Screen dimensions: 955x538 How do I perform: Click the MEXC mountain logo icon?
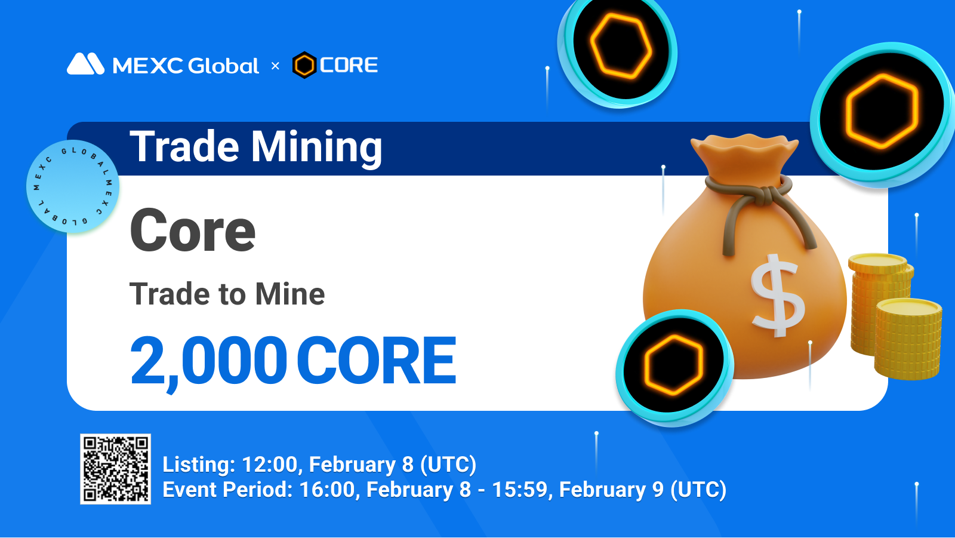pyautogui.click(x=86, y=64)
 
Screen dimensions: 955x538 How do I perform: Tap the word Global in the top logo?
pyautogui.click(x=223, y=65)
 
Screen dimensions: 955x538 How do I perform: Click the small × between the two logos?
pyautogui.click(x=275, y=66)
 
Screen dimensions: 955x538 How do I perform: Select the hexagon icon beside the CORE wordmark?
pyautogui.click(x=304, y=65)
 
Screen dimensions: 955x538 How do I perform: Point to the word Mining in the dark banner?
pyautogui.click(x=316, y=148)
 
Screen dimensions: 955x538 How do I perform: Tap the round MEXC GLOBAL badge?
pyautogui.click(x=72, y=186)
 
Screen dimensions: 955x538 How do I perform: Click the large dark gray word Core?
pyautogui.click(x=192, y=230)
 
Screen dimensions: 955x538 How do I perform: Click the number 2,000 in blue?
pyautogui.click(x=208, y=361)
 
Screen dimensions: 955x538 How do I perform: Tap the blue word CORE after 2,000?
pyautogui.click(x=377, y=361)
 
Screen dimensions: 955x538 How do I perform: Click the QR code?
pyautogui.click(x=116, y=469)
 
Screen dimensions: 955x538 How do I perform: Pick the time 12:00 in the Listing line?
pyautogui.click(x=269, y=465)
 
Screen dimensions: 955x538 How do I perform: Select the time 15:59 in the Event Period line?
pyautogui.click(x=520, y=490)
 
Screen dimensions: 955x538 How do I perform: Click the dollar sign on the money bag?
pyautogui.click(x=778, y=295)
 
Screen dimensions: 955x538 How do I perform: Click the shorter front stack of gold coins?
pyautogui.click(x=908, y=339)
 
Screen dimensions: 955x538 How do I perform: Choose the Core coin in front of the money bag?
pyautogui.click(x=674, y=366)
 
